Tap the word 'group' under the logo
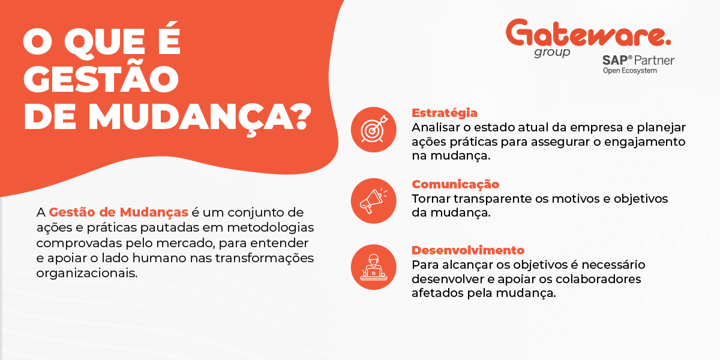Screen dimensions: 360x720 click(x=552, y=52)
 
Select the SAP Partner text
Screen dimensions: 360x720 click(x=638, y=61)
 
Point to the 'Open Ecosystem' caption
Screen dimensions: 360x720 click(x=629, y=71)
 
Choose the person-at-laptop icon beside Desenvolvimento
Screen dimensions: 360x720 click(x=373, y=267)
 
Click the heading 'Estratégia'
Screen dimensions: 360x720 click(x=445, y=113)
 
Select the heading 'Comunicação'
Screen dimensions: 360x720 click(x=455, y=184)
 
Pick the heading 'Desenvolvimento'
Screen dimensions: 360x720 click(x=468, y=250)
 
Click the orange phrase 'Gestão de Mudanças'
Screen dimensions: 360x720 click(x=119, y=212)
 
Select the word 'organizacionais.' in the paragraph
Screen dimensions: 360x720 click(x=87, y=273)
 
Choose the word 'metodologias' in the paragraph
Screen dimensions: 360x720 click(x=279, y=228)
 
